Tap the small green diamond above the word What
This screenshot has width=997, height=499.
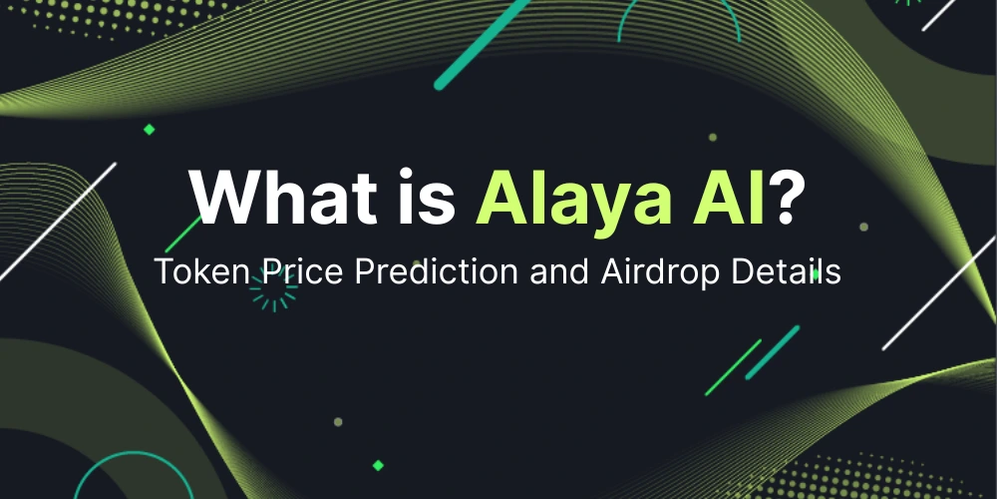coord(150,129)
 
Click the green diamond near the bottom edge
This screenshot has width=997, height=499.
coord(378,465)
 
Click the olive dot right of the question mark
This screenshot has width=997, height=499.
coord(863,227)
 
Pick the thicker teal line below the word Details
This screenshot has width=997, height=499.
coord(774,350)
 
